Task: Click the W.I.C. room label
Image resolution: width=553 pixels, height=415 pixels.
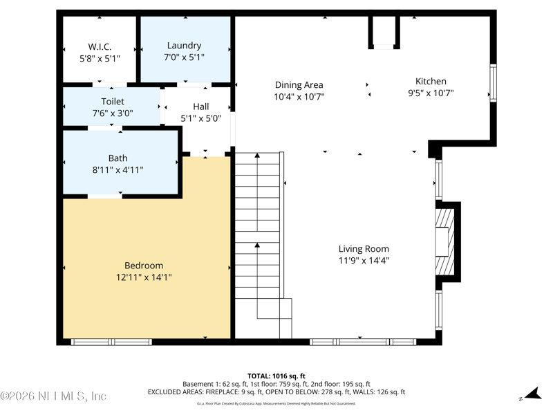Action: point(100,46)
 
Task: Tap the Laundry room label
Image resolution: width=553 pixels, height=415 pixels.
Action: point(184,46)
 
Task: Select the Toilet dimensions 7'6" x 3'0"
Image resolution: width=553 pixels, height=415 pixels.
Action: point(113,113)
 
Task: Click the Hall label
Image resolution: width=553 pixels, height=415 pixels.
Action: point(201,107)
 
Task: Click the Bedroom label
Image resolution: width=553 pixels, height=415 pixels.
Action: point(144,266)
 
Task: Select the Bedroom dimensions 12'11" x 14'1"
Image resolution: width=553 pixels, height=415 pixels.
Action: point(144,277)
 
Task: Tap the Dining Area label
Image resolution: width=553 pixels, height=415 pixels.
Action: point(299,85)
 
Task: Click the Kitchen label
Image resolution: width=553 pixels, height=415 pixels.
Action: point(431,81)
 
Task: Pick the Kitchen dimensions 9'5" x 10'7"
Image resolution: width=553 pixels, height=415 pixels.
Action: point(431,93)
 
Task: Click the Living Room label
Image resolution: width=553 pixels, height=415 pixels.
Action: point(364,249)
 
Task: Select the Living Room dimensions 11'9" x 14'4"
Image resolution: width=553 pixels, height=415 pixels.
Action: point(364,261)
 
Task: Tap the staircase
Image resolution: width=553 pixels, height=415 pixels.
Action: point(258,228)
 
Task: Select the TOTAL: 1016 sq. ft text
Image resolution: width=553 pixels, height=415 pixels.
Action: point(276,376)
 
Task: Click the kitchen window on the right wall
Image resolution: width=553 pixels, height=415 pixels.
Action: point(493,83)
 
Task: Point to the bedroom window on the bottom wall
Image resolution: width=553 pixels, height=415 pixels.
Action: point(111,342)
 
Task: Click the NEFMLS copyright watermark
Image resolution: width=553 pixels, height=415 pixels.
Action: point(54,396)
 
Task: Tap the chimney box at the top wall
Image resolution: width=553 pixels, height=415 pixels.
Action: point(384,31)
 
